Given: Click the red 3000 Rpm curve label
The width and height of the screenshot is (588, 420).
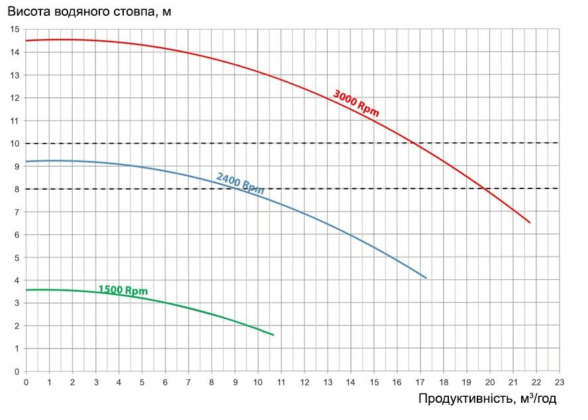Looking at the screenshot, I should point(356,103).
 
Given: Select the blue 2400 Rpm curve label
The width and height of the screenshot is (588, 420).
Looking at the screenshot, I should point(240,183).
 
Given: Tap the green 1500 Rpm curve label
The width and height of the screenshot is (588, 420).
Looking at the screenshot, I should point(122,290).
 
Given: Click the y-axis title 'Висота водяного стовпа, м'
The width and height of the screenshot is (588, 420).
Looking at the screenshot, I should point(89,13).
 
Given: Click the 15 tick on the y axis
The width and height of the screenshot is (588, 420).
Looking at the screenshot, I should point(16,30).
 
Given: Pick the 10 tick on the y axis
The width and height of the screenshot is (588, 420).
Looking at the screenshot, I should point(16,144).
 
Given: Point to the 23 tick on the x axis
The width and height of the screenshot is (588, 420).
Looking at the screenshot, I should point(558,382).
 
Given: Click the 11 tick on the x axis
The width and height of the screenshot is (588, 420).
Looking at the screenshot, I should point(281,382).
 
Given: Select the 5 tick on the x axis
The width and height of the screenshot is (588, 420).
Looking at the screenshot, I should point(142,382).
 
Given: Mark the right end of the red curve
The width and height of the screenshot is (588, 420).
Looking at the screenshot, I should point(530,223).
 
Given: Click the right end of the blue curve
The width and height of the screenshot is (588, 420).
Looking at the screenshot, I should point(426,278).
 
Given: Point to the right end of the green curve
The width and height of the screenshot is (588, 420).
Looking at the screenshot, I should point(273,335).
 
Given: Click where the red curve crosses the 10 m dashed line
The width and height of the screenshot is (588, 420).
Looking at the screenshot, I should point(413,143).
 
